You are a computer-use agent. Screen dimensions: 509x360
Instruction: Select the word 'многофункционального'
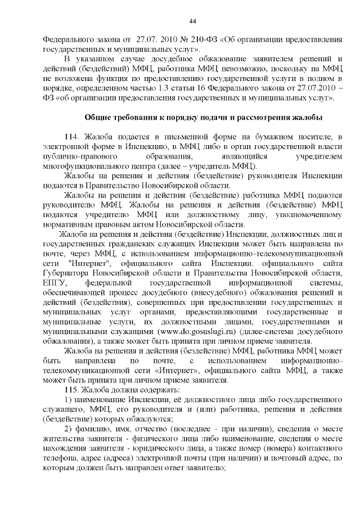point(84,166)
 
